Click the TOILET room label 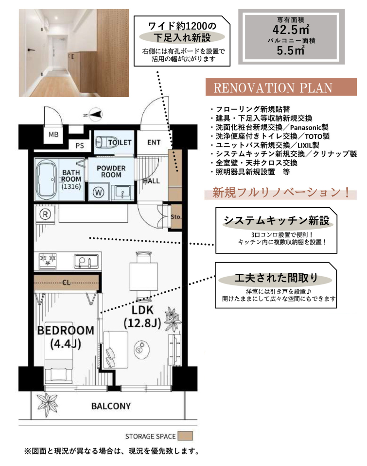tap(120, 142)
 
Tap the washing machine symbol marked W tap(98, 193)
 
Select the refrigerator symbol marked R tap(45, 214)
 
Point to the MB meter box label tap(53, 134)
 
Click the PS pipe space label tap(80, 146)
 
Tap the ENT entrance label tap(154, 142)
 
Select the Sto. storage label tap(176, 217)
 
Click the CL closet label tap(67, 283)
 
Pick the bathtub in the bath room tap(46, 180)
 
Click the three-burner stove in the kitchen tap(48, 261)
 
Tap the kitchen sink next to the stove tap(87, 261)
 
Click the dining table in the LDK tap(143, 276)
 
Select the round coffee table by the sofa tap(141, 349)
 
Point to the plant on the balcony tap(47, 404)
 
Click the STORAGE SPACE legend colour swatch tap(185, 436)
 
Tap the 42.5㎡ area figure tap(291, 30)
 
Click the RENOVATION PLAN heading tap(273, 88)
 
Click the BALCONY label tap(111, 406)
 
